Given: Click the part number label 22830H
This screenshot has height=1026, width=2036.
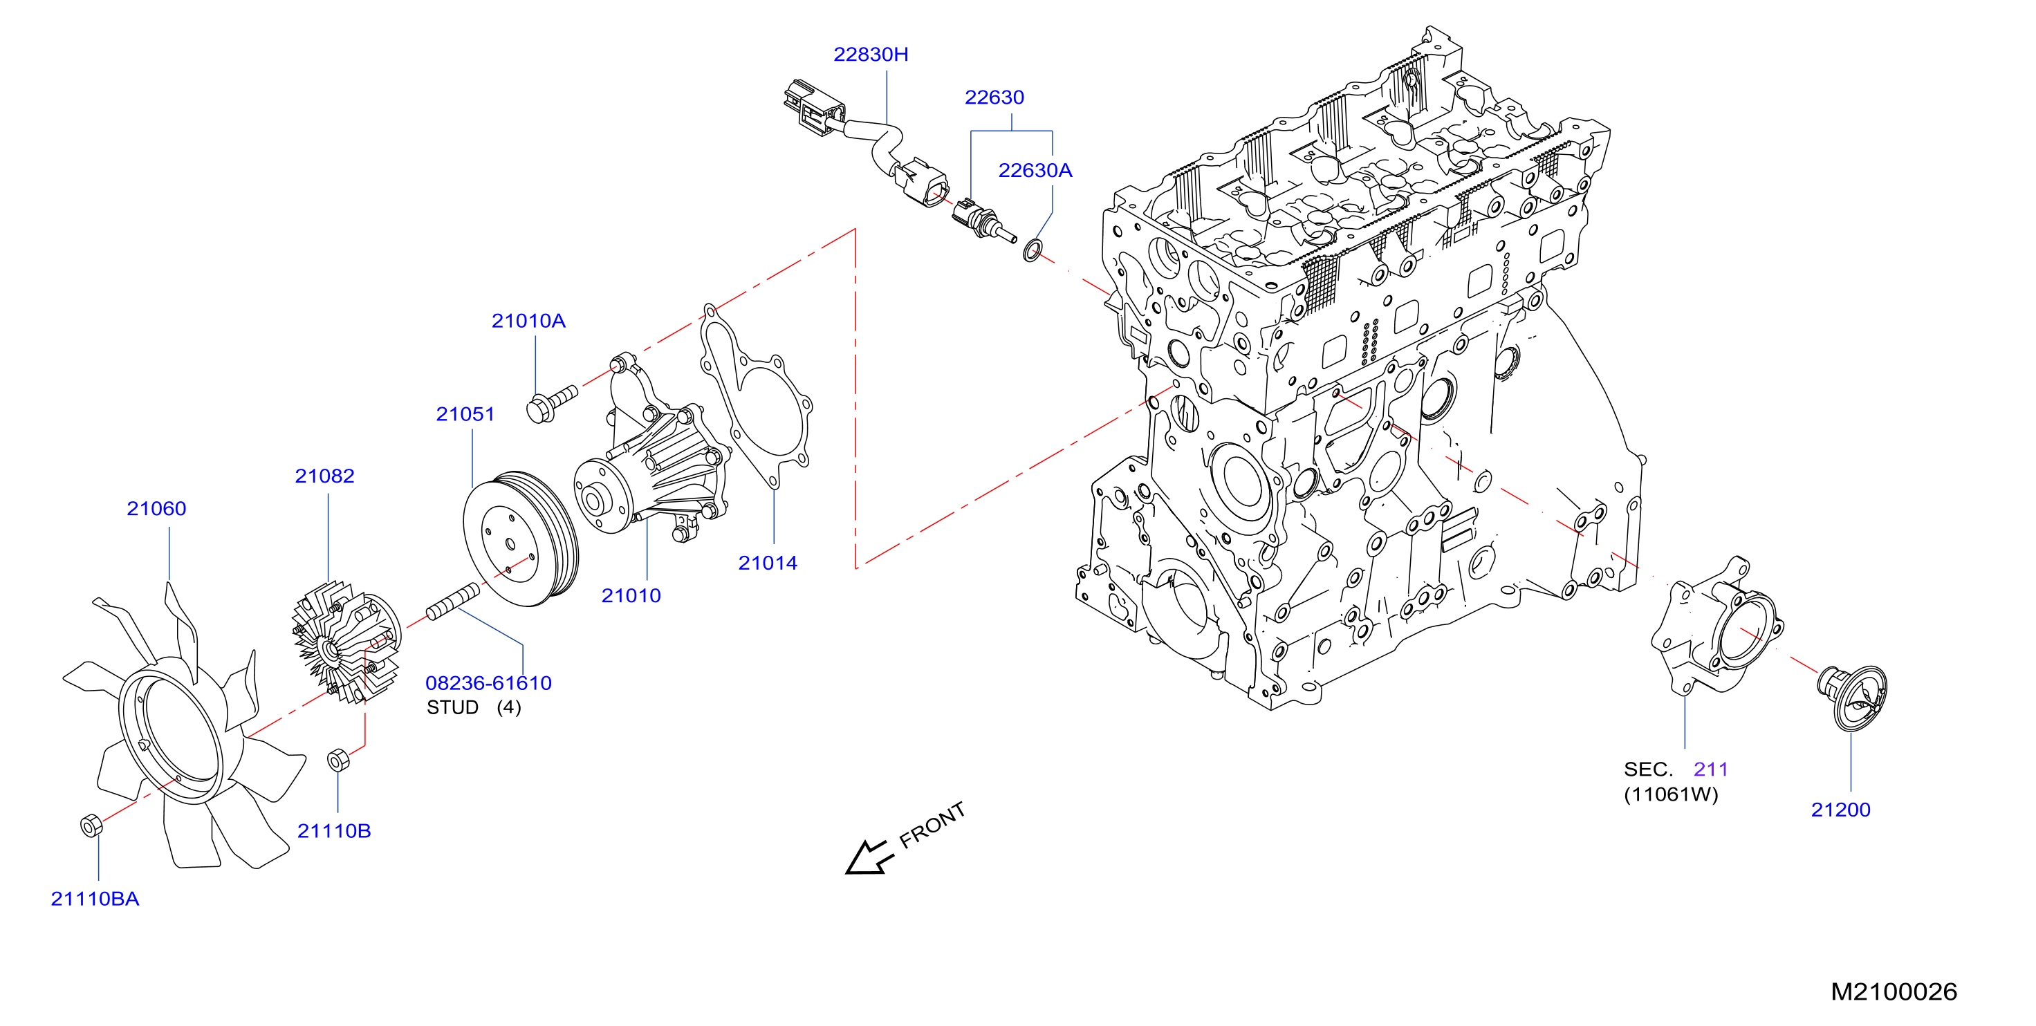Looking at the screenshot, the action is pos(870,55).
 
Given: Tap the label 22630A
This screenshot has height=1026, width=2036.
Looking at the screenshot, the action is pos(1035,171).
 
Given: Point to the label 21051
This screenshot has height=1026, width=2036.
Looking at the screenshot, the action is pos(465,414).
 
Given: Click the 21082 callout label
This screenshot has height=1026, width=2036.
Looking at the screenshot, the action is pos(324,476).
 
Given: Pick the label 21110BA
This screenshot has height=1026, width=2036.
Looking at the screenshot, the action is pos(95,899).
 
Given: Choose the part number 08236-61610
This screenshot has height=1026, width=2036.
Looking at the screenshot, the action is pos(488,683).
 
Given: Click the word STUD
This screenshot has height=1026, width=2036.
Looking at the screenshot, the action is pos(452,707).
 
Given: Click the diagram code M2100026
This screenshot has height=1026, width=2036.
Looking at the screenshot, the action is pos(1894,992).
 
